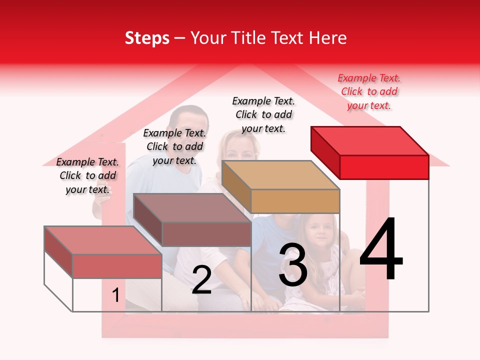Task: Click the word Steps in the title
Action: tap(147, 38)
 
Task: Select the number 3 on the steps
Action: tap(293, 265)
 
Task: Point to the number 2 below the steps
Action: tap(201, 279)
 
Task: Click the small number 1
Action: tap(115, 295)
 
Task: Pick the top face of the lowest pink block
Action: tap(103, 240)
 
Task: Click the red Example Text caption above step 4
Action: tap(369, 91)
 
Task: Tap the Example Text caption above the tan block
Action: tap(263, 114)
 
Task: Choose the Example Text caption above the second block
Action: tap(174, 146)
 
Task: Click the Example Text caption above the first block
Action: tap(87, 175)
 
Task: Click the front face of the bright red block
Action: tap(384, 167)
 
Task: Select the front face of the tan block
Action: tap(295, 201)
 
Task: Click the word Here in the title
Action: tap(328, 38)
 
